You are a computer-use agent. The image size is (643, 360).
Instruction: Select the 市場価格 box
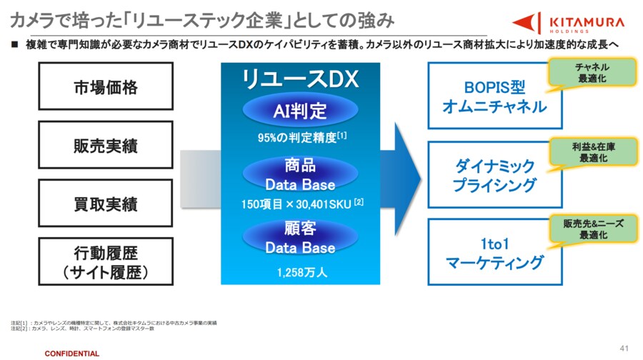105,88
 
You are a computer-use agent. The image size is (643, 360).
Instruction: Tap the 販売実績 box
105,146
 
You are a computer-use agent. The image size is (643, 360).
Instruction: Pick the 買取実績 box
105,204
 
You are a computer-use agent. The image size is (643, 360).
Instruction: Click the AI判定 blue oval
300,111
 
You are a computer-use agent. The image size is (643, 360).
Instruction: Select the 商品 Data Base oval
300,174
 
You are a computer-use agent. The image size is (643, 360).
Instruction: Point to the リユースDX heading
300,79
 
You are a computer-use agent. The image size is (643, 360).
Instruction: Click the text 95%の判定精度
297,138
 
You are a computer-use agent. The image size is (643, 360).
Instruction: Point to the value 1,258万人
300,271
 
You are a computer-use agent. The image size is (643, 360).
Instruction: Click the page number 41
624,348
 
